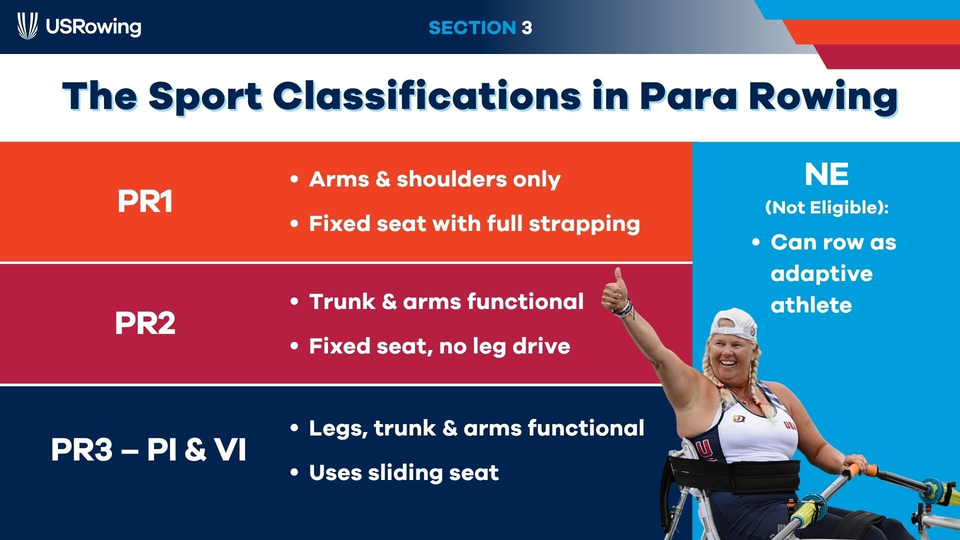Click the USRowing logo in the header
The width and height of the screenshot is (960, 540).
(x=79, y=26)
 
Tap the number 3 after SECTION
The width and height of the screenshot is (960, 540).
(x=526, y=27)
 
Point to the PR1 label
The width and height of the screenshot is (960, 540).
(x=145, y=201)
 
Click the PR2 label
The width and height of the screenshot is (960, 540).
(x=145, y=323)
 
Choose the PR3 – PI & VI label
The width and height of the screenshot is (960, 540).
(x=148, y=449)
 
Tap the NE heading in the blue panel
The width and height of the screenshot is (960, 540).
(x=826, y=174)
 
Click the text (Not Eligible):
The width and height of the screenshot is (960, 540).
(x=826, y=207)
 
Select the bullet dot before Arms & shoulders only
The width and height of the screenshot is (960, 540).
(x=294, y=179)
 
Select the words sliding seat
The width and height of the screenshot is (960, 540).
(x=433, y=473)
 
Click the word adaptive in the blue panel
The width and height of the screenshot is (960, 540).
(x=821, y=274)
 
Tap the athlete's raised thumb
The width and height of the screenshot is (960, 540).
(x=619, y=277)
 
